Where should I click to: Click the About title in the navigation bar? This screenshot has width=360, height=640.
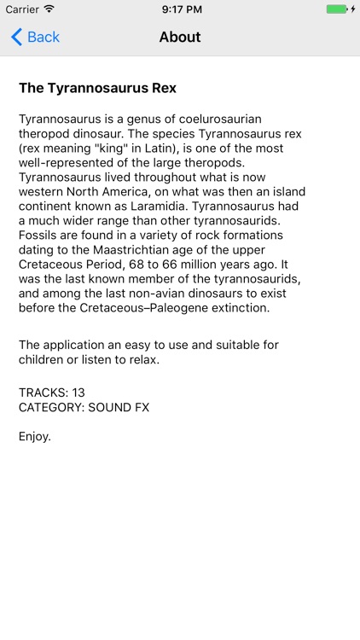click(180, 38)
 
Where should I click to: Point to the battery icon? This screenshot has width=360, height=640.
click(338, 9)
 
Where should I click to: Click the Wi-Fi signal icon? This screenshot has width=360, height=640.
click(49, 9)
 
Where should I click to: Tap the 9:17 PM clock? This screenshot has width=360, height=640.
click(180, 9)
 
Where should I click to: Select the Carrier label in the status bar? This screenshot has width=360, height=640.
click(22, 9)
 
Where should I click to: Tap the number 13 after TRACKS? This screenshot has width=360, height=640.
click(78, 393)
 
